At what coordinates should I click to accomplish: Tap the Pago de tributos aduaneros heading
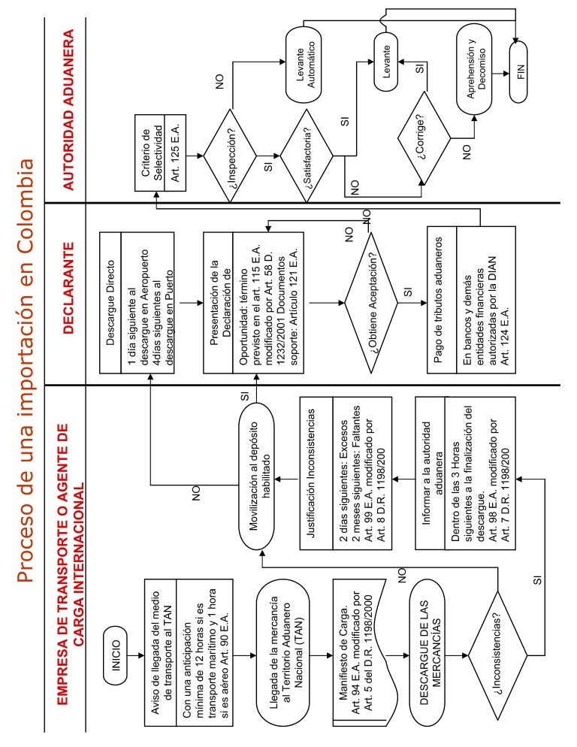click(439, 302)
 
